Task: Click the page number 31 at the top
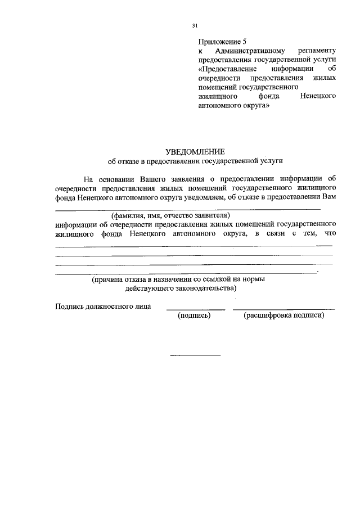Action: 195,25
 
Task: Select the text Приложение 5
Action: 222,42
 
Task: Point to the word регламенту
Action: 317,50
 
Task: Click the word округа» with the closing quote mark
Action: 247,105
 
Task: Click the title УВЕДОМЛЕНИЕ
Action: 195,151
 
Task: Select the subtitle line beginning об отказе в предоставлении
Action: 195,161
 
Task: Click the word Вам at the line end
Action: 330,197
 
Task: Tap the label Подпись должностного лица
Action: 103,306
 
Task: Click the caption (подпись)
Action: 194,316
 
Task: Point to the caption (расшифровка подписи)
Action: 283,316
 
